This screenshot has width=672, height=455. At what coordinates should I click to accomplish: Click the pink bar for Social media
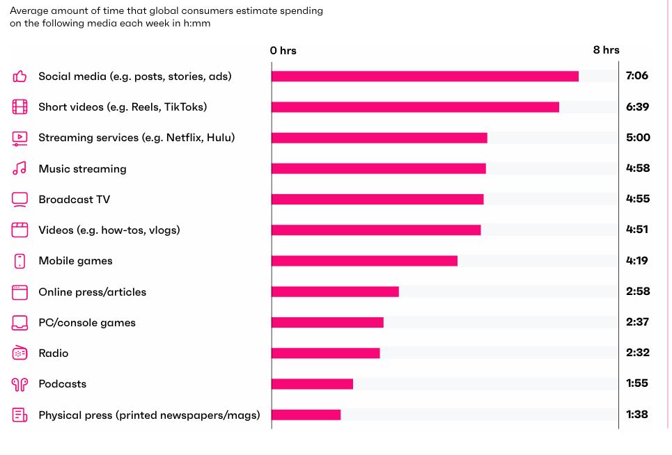425,77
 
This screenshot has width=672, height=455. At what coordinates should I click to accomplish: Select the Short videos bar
415,107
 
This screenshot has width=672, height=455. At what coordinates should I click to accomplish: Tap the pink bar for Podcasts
312,384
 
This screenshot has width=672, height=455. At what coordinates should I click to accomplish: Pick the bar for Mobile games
364,261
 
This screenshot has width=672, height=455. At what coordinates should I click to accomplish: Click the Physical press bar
306,415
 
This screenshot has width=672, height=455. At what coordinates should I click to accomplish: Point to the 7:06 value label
637,76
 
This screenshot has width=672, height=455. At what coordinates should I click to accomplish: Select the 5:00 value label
638,138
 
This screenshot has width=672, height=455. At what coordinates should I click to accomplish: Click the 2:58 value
638,292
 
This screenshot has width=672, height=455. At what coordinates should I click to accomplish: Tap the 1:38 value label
637,415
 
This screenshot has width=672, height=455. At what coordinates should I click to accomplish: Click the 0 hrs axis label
283,51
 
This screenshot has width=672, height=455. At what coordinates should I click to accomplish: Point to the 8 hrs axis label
606,50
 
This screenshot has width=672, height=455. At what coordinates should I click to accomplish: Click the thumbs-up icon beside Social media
19,77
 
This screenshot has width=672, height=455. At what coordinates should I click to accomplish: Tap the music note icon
19,168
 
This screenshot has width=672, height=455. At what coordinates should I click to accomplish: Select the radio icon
19,353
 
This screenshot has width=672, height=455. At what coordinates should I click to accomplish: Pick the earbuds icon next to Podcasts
19,384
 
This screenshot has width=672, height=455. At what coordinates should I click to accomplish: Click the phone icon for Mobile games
19,261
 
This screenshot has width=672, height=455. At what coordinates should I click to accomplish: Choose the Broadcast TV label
75,200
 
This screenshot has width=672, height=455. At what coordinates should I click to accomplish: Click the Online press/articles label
93,292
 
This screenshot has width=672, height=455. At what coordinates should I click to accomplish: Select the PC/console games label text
87,323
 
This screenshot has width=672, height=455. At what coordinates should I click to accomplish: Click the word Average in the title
30,11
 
